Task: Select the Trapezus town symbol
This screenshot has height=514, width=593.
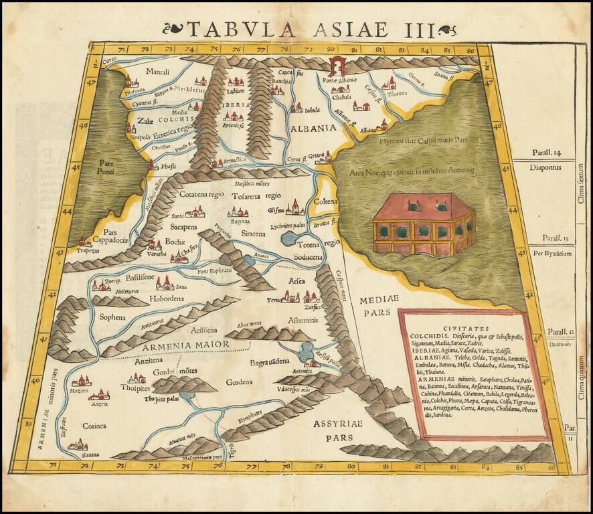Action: [84, 242]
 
